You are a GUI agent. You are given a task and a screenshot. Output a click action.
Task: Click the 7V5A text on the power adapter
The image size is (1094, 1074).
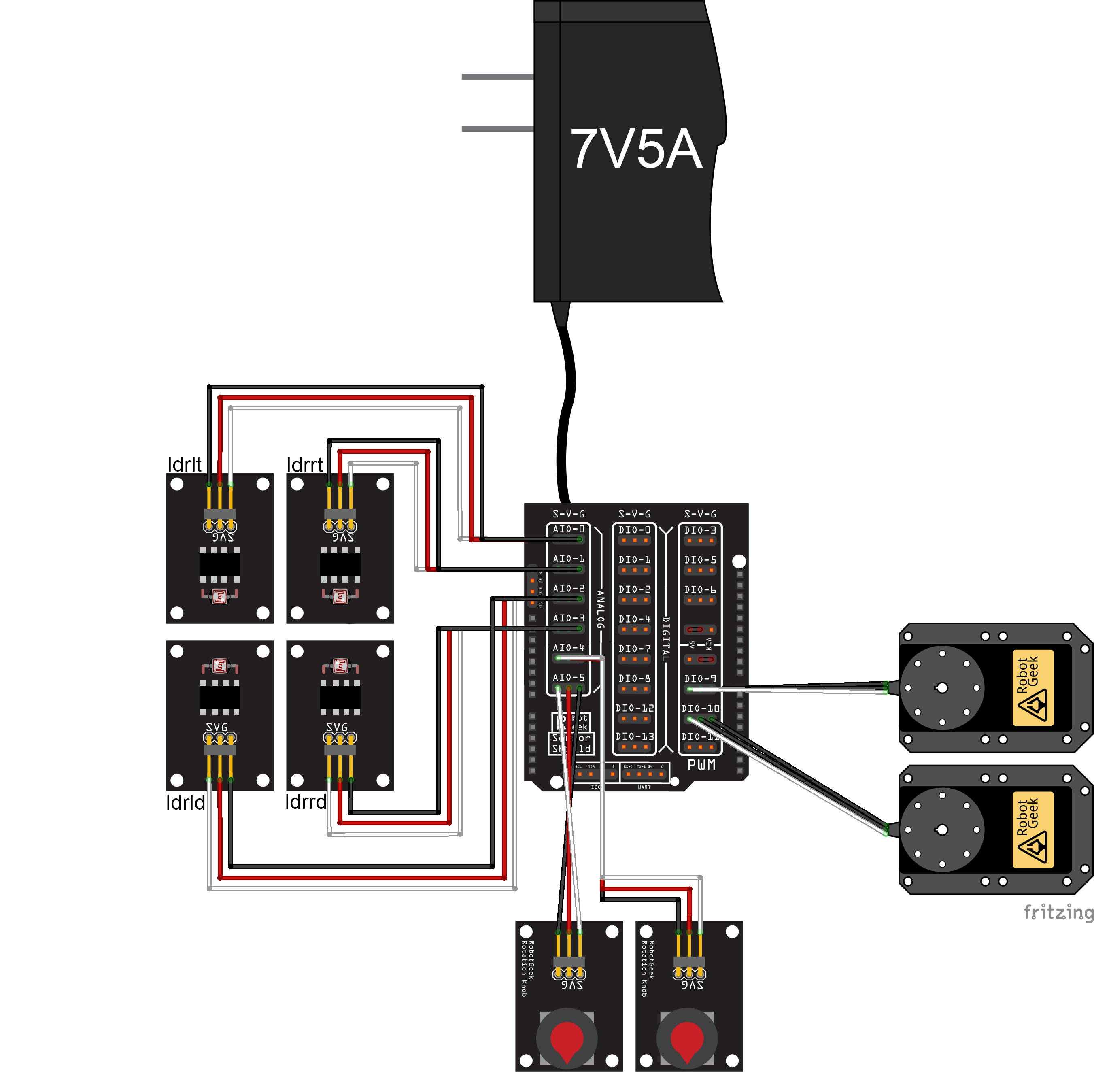tap(636, 149)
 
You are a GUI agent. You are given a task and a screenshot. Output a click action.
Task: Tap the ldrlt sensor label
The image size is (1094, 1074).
tap(185, 464)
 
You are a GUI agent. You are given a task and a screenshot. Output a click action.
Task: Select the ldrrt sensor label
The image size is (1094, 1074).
tap(304, 465)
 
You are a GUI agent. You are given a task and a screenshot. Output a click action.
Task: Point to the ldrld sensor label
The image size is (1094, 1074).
tap(185, 802)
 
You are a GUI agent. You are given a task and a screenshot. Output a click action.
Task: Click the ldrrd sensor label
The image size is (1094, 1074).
tap(306, 802)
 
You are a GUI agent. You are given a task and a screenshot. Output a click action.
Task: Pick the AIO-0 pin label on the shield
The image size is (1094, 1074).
tap(568, 529)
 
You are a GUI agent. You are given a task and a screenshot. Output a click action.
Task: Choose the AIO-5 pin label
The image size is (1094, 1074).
tap(568, 677)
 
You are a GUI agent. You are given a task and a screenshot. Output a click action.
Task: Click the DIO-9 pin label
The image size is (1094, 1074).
tap(700, 678)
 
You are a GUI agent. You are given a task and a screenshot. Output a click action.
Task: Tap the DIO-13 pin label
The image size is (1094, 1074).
tap(634, 736)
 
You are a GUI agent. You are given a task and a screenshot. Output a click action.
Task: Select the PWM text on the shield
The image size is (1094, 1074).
tap(701, 765)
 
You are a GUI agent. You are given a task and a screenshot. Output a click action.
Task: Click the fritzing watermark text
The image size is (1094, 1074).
tap(1058, 912)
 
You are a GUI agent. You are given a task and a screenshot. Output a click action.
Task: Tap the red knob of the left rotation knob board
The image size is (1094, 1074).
tap(566, 1038)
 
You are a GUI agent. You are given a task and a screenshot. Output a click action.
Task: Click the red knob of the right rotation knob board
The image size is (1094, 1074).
tap(687, 1038)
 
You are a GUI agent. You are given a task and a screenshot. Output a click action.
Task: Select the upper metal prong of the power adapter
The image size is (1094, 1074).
tap(497, 77)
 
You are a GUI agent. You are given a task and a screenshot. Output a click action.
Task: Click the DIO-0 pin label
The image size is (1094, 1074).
tap(634, 530)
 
